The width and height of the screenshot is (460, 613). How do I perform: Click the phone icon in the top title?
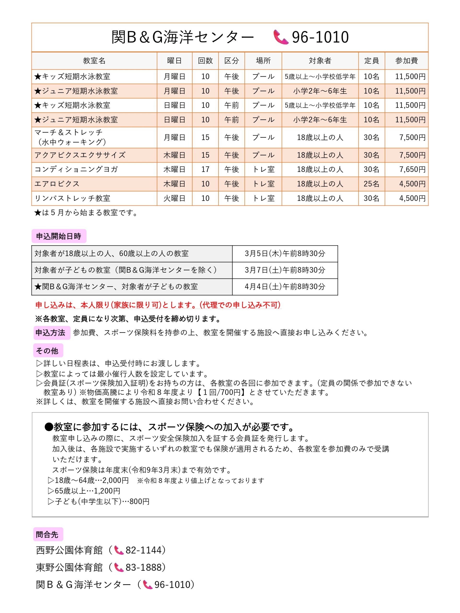[x=280, y=37]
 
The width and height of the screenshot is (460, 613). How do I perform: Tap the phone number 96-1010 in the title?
[x=320, y=37]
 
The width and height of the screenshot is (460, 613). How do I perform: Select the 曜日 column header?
[x=174, y=60]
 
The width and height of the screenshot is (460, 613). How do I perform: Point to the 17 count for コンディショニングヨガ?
[x=205, y=169]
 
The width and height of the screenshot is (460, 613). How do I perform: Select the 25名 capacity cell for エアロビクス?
[x=371, y=184]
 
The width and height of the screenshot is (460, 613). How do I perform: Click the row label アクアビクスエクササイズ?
[x=80, y=155]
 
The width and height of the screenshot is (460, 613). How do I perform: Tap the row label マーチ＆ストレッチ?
[x=69, y=132]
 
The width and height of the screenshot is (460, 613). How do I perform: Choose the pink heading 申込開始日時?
[x=59, y=236]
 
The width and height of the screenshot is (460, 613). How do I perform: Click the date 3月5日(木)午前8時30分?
[x=285, y=254]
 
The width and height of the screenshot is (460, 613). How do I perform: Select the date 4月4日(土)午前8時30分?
[x=285, y=287]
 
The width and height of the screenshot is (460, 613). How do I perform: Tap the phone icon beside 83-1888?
[x=119, y=567]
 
